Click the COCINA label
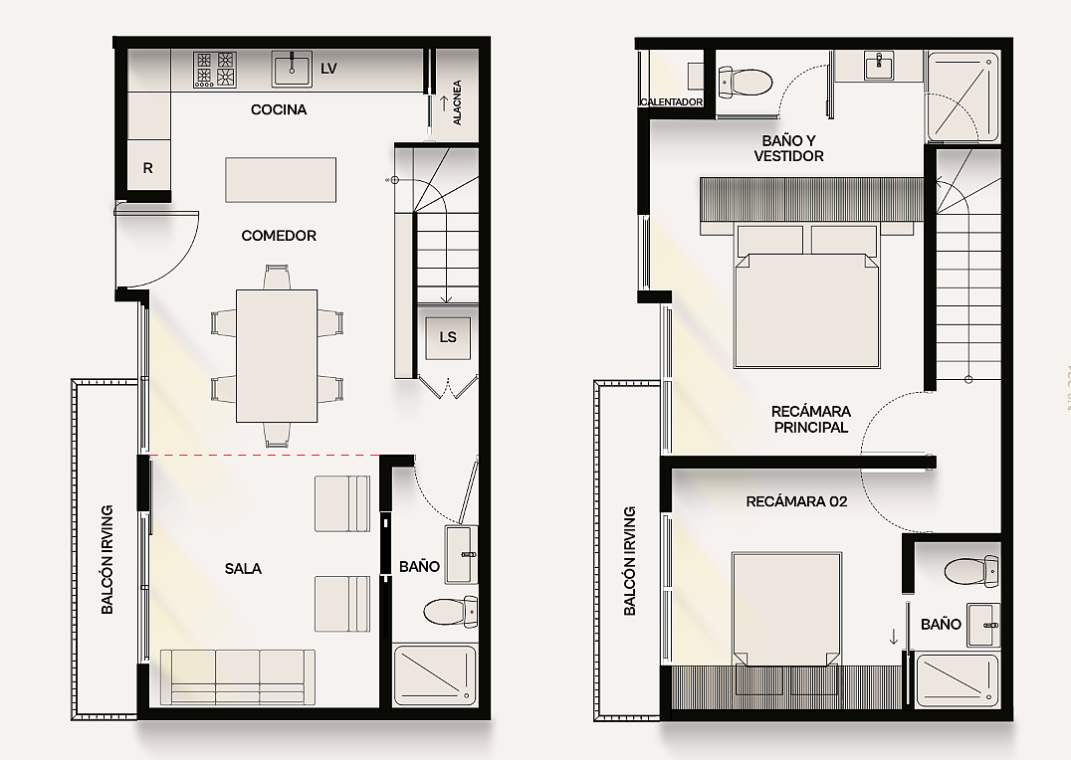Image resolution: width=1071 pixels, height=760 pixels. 279,109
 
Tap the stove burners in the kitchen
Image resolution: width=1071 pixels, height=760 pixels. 214,69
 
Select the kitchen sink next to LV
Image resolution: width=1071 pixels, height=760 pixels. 293,69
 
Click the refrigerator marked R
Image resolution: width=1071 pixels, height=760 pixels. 148,166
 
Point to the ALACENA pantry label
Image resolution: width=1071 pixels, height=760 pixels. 457,102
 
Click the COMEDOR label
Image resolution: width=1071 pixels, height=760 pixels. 279,236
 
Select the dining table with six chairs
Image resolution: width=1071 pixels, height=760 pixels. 277,356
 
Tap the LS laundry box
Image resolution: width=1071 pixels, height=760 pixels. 448,338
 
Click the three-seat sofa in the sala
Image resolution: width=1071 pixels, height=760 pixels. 238,676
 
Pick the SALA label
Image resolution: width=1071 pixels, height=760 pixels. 243,568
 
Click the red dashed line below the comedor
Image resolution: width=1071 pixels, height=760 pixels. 265,455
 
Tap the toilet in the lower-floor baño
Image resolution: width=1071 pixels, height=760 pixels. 450,611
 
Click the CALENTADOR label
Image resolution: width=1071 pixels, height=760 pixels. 672,101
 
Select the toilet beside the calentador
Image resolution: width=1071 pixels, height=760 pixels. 745,82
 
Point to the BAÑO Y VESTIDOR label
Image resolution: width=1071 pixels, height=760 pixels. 789,148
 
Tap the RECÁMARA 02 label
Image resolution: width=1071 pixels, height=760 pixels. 796,501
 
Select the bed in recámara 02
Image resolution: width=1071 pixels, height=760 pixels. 786,609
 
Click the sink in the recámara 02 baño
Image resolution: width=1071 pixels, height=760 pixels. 983,625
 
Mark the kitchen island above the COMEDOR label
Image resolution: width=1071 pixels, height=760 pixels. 281,180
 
